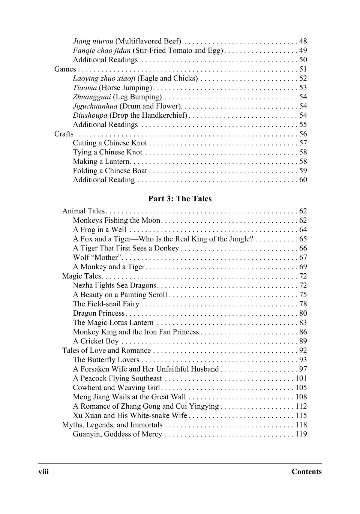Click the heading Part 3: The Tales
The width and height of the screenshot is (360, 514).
180,199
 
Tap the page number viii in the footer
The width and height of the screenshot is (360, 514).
43,471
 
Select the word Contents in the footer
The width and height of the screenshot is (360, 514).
306,472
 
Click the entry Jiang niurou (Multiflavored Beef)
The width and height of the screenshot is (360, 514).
127,41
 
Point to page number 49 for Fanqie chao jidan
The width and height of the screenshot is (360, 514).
303,51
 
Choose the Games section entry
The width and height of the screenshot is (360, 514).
65,69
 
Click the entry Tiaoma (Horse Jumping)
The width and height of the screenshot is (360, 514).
112,88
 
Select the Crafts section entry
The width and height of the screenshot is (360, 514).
64,134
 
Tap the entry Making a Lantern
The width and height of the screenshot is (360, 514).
101,162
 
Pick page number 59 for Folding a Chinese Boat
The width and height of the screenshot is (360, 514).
303,171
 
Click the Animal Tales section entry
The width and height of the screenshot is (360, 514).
83,211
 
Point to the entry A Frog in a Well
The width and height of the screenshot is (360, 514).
99,230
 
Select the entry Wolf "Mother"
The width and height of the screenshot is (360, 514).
97,258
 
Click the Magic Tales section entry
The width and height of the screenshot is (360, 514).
81,276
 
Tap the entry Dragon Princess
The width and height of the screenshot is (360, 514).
99,313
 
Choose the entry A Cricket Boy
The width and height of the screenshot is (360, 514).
96,341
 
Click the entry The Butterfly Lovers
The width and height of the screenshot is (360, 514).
106,360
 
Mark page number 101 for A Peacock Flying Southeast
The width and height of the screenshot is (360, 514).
301,378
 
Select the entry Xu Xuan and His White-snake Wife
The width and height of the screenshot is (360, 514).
130,415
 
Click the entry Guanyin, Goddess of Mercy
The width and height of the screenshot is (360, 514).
117,434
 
